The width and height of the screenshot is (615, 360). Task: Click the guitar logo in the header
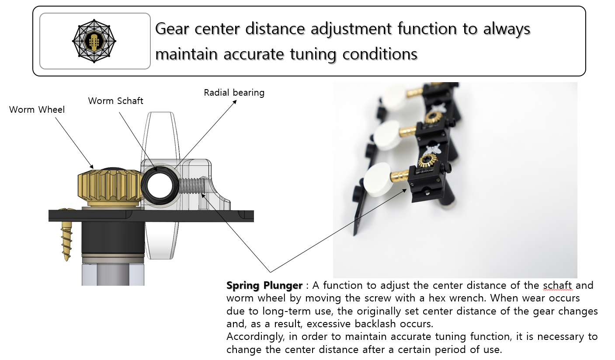coord(94,41)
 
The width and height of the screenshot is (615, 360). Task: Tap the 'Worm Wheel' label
coord(37,110)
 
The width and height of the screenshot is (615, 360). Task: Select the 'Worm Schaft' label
coord(115,101)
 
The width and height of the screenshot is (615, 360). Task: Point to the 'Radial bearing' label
coord(234,93)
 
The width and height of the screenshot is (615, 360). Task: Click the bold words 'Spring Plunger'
coord(264,285)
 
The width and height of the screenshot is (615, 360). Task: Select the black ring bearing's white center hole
coord(160,186)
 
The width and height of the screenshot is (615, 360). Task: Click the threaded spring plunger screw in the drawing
coord(192,186)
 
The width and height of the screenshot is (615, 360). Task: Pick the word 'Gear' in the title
coord(172,29)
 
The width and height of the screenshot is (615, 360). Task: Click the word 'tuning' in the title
coord(313,54)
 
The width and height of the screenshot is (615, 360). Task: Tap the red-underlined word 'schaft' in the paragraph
coord(558,285)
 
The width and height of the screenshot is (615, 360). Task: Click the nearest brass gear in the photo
coord(427,160)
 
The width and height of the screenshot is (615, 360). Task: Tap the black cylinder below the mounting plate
coord(113,238)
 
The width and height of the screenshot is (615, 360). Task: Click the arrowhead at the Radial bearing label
coord(234,102)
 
